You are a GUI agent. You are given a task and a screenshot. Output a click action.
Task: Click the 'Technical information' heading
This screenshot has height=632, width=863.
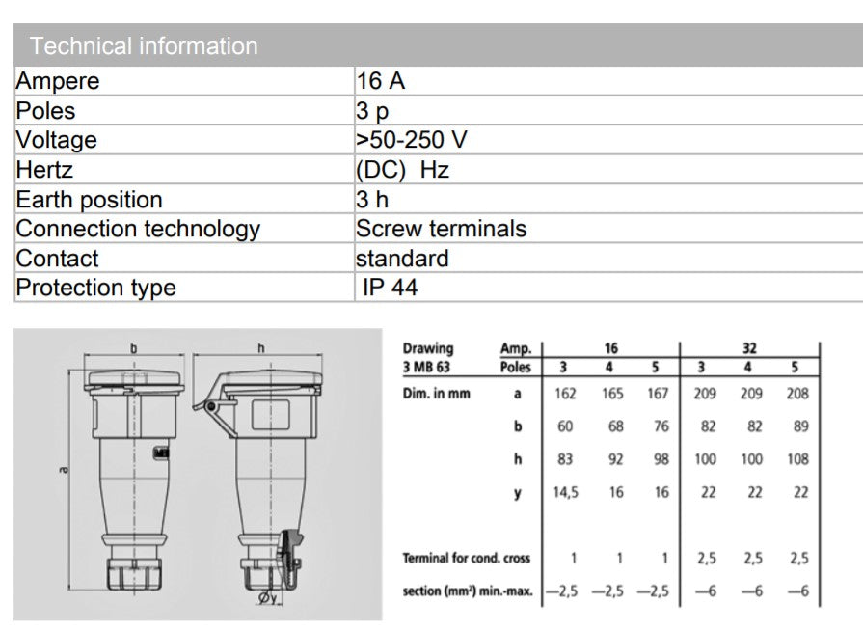(x=144, y=45)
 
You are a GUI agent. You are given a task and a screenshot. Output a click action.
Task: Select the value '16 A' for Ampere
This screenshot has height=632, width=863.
(x=380, y=81)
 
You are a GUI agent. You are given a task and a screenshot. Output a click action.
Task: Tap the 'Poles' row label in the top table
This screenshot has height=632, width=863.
(x=45, y=111)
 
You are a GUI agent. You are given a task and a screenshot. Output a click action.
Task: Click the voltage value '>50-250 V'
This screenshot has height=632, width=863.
(x=411, y=140)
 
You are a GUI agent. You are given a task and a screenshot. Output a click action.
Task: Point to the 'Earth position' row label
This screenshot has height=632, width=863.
(x=89, y=200)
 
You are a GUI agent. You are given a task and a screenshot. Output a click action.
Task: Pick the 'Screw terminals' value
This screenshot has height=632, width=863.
(x=441, y=229)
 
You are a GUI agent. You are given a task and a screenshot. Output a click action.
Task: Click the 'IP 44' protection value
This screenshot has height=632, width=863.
(x=391, y=288)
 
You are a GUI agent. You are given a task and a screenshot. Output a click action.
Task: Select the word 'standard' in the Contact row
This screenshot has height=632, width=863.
(x=402, y=259)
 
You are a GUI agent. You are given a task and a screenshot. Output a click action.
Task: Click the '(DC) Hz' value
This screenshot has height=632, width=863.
(x=402, y=170)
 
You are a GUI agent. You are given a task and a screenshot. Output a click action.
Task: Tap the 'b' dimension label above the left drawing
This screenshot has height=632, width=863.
(x=134, y=348)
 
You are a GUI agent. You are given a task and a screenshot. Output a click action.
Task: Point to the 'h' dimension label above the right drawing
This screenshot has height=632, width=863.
(x=261, y=348)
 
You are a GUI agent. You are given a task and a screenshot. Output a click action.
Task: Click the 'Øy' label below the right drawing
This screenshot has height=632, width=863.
(x=267, y=598)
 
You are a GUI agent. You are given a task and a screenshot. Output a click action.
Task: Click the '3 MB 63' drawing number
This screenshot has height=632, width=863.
(x=426, y=367)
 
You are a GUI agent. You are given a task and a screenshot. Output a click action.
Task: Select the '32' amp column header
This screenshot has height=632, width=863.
(x=749, y=348)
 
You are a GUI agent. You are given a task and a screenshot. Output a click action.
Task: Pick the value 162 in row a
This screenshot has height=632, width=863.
(x=565, y=394)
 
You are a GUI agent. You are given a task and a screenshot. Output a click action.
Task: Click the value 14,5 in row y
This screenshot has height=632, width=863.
(x=566, y=492)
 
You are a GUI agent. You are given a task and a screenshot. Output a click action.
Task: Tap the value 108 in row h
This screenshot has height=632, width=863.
(x=797, y=459)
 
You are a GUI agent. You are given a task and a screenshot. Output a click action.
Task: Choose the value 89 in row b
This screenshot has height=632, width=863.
(x=801, y=426)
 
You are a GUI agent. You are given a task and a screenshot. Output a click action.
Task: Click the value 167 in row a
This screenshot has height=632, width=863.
(x=658, y=394)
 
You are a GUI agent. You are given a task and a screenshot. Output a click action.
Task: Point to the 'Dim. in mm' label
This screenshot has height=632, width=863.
(x=437, y=394)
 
